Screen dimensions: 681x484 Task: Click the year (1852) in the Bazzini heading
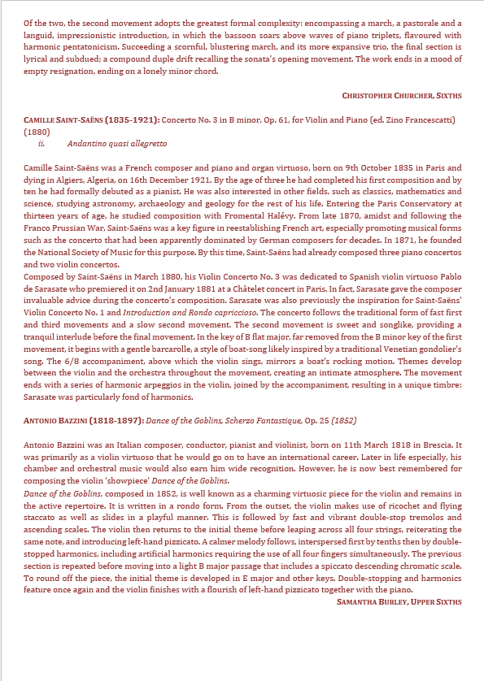pyautogui.click(x=342, y=422)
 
